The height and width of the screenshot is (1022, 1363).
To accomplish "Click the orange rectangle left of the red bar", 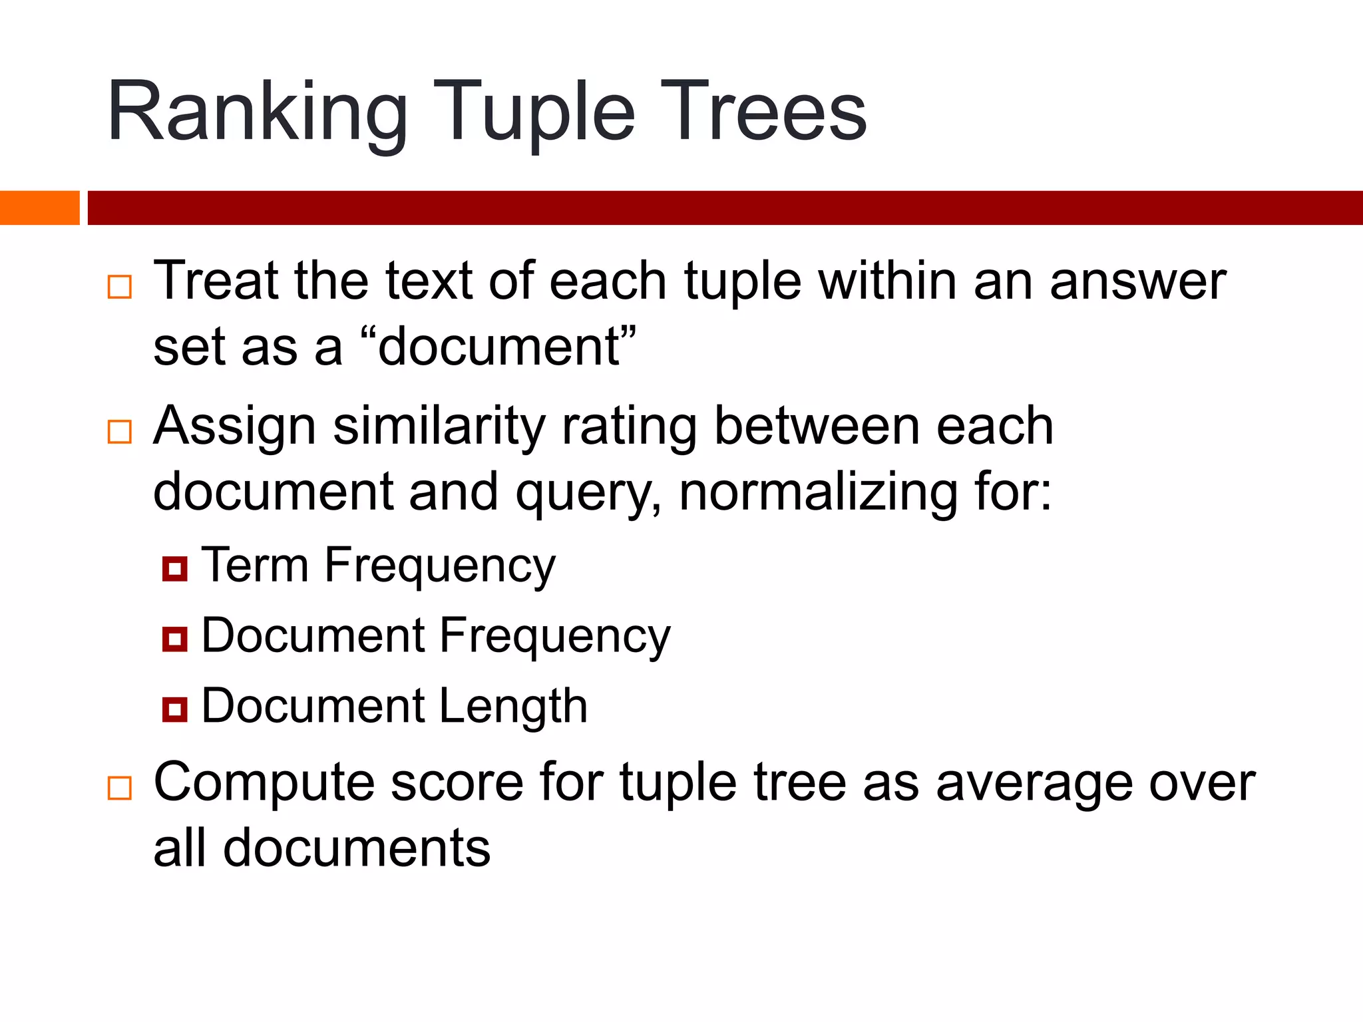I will pyautogui.click(x=39, y=208).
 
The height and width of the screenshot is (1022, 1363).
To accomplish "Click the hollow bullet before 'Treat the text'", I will pyautogui.click(x=120, y=287).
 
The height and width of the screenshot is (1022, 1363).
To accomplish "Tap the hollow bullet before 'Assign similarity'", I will pyautogui.click(x=120, y=432).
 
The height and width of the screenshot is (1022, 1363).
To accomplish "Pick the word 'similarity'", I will pyautogui.click(x=439, y=427).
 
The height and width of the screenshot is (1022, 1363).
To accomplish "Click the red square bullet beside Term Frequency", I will pyautogui.click(x=175, y=569).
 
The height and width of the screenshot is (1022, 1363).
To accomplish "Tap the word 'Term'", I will pyautogui.click(x=255, y=566).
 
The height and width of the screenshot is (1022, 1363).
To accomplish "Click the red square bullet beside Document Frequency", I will pyautogui.click(x=175, y=639).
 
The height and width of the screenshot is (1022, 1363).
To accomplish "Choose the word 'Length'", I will pyautogui.click(x=513, y=707).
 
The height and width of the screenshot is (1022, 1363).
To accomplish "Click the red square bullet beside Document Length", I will pyautogui.click(x=175, y=709).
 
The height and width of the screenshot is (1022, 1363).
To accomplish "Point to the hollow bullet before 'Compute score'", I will pyautogui.click(x=120, y=788).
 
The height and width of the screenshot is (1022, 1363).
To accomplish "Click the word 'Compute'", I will pyautogui.click(x=264, y=784).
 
